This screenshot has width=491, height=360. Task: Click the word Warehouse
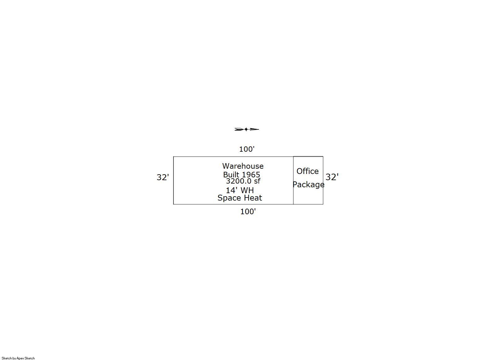click(x=243, y=166)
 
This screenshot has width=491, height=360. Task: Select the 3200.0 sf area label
click(x=243, y=181)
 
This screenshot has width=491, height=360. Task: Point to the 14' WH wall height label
click(x=240, y=190)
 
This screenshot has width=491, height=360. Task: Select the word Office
click(x=307, y=171)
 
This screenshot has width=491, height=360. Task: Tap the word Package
click(x=308, y=185)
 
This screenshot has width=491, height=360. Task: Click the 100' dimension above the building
click(x=247, y=149)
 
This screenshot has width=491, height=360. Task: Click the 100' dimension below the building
click(x=248, y=211)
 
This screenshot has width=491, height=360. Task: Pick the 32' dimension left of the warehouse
click(x=163, y=177)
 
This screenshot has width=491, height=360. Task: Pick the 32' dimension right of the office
click(x=332, y=177)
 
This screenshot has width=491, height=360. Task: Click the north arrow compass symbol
click(x=247, y=129)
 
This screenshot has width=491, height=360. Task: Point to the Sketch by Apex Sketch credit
click(x=18, y=358)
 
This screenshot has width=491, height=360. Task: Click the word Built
click(x=231, y=175)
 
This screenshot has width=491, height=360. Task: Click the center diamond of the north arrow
click(x=246, y=129)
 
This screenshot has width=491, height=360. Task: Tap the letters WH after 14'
click(x=247, y=190)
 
